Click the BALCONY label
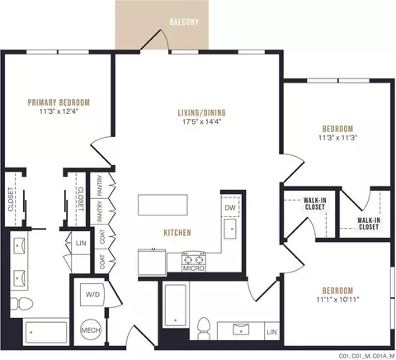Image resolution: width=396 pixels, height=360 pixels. (x=184, y=22)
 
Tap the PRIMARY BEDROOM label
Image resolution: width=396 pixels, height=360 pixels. (x=59, y=102)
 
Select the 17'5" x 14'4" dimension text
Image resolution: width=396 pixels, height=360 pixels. (x=202, y=121)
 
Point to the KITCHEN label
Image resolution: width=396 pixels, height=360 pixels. (x=177, y=233)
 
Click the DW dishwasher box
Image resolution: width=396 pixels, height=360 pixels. (x=230, y=206)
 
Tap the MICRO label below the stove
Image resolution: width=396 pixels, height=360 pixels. (x=193, y=268)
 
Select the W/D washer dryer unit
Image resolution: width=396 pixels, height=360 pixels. (x=92, y=295)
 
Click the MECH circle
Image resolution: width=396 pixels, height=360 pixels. (x=91, y=329)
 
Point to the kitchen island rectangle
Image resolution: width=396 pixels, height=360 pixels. (x=163, y=205)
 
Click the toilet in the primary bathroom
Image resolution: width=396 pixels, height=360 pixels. (x=21, y=304)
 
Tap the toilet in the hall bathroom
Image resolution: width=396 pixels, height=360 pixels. (x=204, y=329)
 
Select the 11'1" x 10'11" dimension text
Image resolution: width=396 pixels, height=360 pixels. (x=338, y=300)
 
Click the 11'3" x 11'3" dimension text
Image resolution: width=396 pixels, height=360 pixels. (x=337, y=138)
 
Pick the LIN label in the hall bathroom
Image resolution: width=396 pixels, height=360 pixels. (x=271, y=332)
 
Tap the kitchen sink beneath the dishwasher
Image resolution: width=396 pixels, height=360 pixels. (x=230, y=229)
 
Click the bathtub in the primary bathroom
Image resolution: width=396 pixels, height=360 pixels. (x=45, y=333)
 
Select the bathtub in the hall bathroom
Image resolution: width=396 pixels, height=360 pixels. (x=176, y=306)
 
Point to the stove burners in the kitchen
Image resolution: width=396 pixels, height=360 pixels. (x=194, y=259)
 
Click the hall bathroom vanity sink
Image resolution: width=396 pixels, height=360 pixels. (x=241, y=329)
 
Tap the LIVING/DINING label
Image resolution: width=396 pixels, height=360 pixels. (x=202, y=112)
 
